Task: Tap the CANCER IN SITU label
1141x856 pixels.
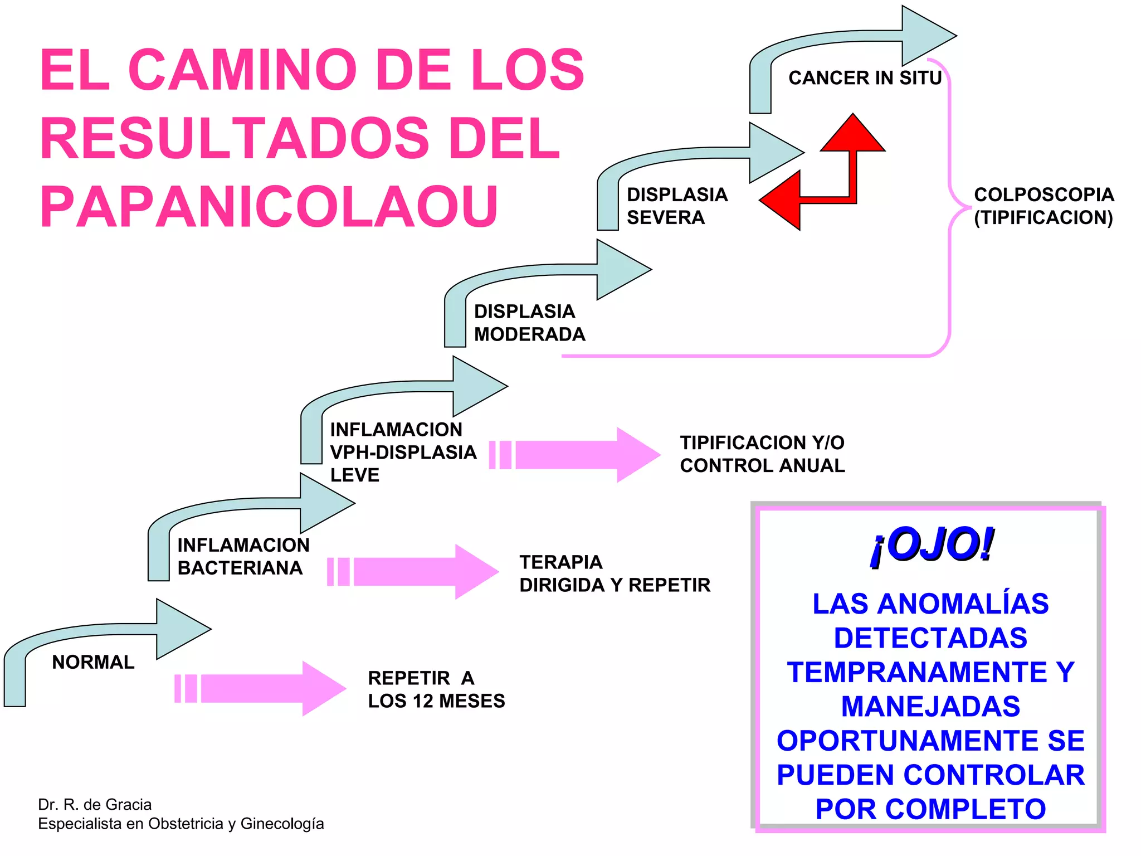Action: [865, 78]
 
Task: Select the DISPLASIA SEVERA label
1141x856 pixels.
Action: [676, 206]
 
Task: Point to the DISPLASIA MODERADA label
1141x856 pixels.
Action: [529, 323]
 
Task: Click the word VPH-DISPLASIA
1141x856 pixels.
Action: [403, 453]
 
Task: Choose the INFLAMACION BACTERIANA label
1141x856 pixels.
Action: [243, 556]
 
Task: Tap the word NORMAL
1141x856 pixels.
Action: [93, 662]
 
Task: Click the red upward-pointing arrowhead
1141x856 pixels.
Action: [852, 134]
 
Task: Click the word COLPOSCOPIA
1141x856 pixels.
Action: [1044, 194]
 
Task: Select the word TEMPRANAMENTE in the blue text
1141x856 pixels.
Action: [917, 672]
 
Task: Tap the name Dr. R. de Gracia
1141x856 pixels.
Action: [95, 804]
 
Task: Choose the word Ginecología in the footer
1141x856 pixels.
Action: [282, 824]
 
